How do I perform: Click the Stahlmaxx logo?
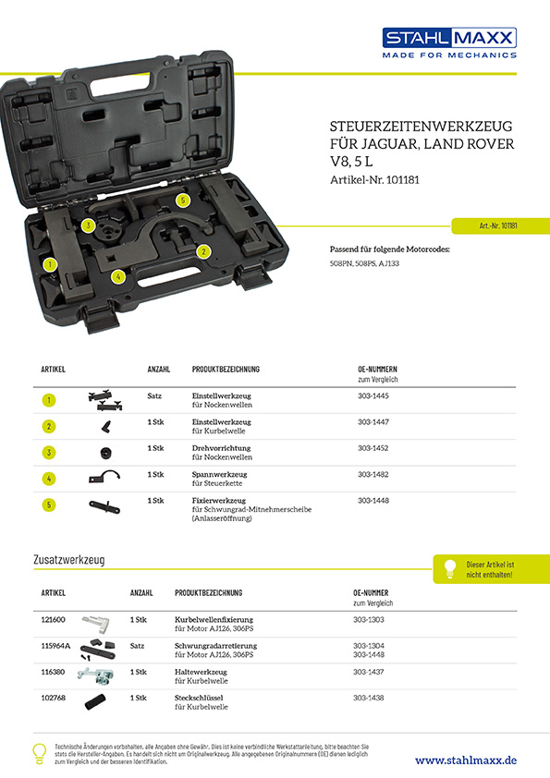(x=449, y=43)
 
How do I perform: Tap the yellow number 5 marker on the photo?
(x=183, y=201)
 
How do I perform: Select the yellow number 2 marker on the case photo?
(x=203, y=251)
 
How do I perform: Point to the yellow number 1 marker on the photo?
(x=50, y=264)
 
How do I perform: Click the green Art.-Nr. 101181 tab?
(x=500, y=225)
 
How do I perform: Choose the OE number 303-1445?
(x=373, y=396)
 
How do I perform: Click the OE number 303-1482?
(x=373, y=474)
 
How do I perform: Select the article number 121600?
(x=53, y=619)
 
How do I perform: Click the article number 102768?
(x=53, y=698)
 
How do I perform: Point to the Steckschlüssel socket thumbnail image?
(x=95, y=702)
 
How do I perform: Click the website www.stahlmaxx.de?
(x=466, y=760)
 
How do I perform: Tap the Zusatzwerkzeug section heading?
(x=69, y=560)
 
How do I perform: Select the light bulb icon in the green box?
(x=450, y=568)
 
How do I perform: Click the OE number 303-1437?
(x=369, y=672)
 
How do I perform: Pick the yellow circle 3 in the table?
(x=49, y=453)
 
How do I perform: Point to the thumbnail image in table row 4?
(x=104, y=477)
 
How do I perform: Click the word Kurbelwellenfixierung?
(x=214, y=620)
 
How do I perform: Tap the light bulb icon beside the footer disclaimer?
(x=39, y=754)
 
